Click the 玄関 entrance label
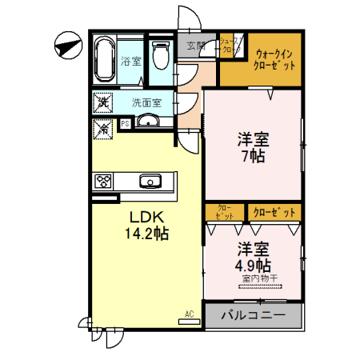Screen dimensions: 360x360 pyautogui.click(x=196, y=46)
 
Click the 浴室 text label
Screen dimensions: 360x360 pyautogui.click(x=130, y=60)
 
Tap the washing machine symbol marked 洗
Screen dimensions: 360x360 pyautogui.click(x=102, y=102)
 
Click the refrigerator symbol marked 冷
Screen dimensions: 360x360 pyautogui.click(x=102, y=126)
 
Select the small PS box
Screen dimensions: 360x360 pyautogui.click(x=126, y=124)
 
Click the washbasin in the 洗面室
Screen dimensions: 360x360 pyautogui.click(x=148, y=122)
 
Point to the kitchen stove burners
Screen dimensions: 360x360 pyautogui.click(x=105, y=182)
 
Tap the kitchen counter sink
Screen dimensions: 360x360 pyautogui.click(x=150, y=181)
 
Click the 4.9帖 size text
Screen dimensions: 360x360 pyautogui.click(x=252, y=265)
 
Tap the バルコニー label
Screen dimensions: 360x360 pyautogui.click(x=253, y=316)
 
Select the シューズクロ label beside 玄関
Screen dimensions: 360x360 pyautogui.click(x=227, y=46)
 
